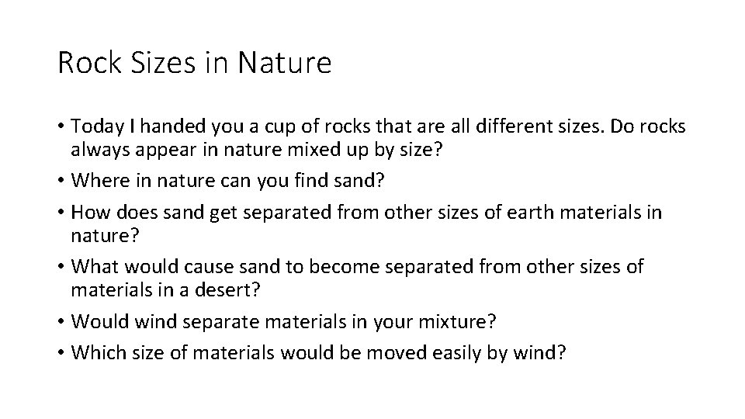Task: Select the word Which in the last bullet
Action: coord(95,354)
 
